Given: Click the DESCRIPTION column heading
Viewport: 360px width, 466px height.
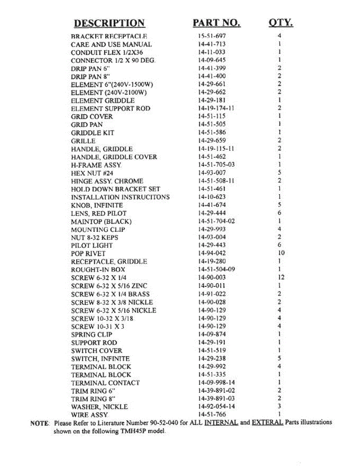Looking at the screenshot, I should [110, 23].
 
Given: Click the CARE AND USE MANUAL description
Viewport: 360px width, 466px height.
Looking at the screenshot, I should [111, 44].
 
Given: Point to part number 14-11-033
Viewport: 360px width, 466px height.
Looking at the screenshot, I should [212, 52].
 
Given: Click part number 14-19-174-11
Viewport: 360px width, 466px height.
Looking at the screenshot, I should [216, 108].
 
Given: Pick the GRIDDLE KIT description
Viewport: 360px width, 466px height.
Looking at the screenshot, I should [92, 133].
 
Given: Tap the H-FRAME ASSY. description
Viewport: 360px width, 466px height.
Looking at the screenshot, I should [96, 165].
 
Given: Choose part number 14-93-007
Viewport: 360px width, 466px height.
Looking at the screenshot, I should [212, 173].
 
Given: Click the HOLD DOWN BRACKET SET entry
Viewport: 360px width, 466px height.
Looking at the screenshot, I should [115, 189].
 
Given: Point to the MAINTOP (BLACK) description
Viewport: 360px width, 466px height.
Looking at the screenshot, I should [101, 222].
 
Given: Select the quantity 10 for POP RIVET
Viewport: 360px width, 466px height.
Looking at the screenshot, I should [280, 253].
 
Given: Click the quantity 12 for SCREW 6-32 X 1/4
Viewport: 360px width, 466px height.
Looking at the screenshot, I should [280, 277].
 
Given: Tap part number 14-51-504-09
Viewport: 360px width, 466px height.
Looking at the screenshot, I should [216, 270].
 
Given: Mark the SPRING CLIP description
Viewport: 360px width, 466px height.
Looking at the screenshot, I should [92, 334].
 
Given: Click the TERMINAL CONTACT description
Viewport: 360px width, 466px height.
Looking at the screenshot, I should [105, 383].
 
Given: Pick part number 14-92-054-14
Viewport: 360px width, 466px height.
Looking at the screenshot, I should [216, 407].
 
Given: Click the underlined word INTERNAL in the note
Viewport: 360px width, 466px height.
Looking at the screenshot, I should [221, 423].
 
